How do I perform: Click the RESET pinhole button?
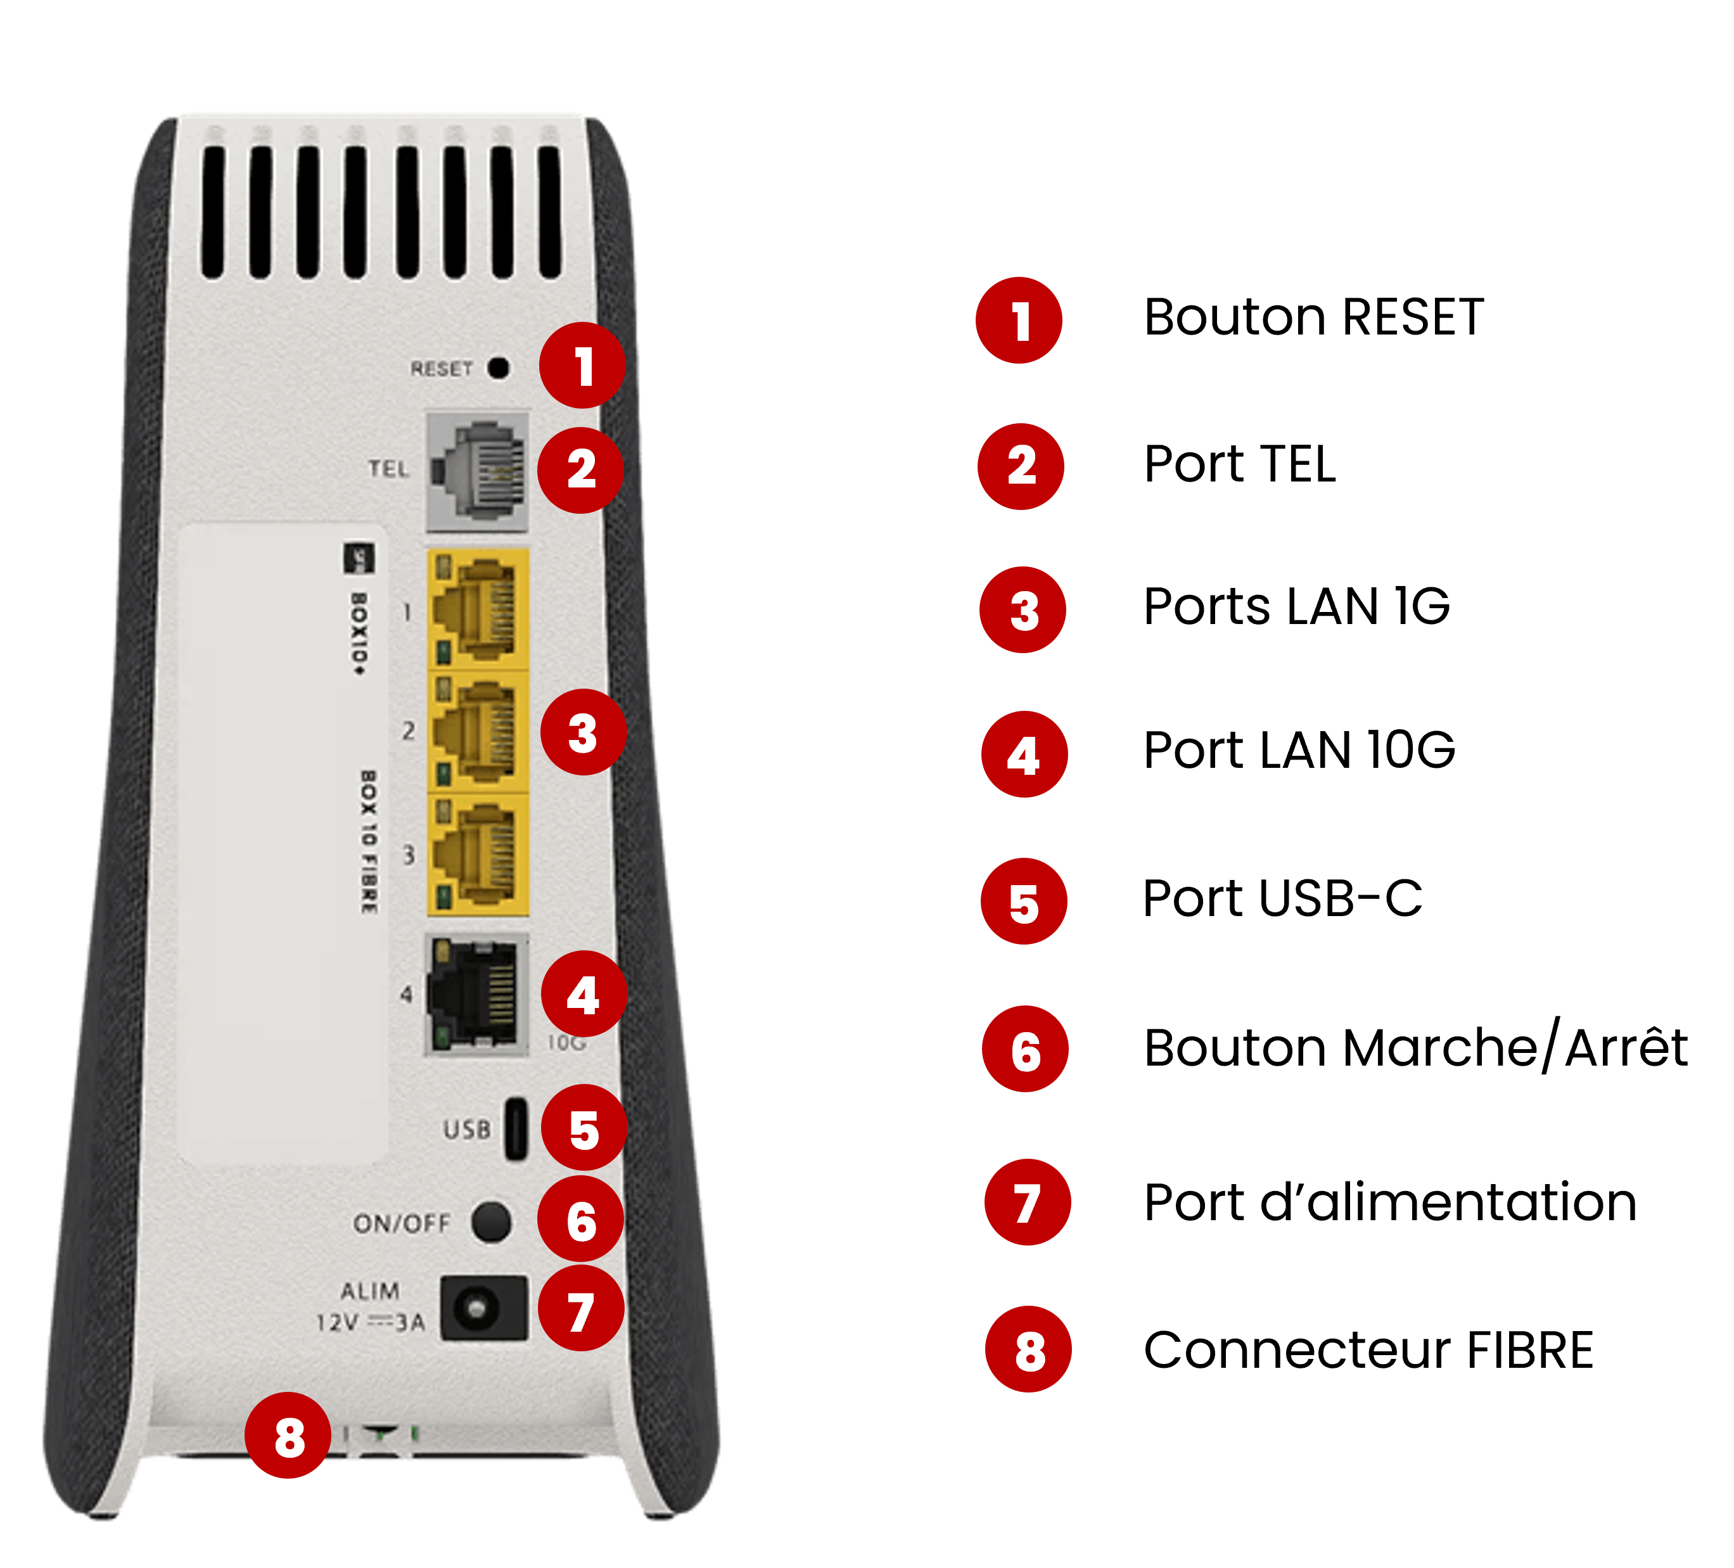(499, 368)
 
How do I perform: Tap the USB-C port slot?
(515, 1130)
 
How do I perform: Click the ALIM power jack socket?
(483, 1308)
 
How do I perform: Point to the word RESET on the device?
(441, 369)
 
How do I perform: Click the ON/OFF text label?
(402, 1223)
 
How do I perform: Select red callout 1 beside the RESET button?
(583, 366)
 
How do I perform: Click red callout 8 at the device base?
(289, 1436)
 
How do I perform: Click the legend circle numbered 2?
(1021, 465)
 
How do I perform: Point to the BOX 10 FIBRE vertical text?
(368, 842)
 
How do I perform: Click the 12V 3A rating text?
(370, 1322)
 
